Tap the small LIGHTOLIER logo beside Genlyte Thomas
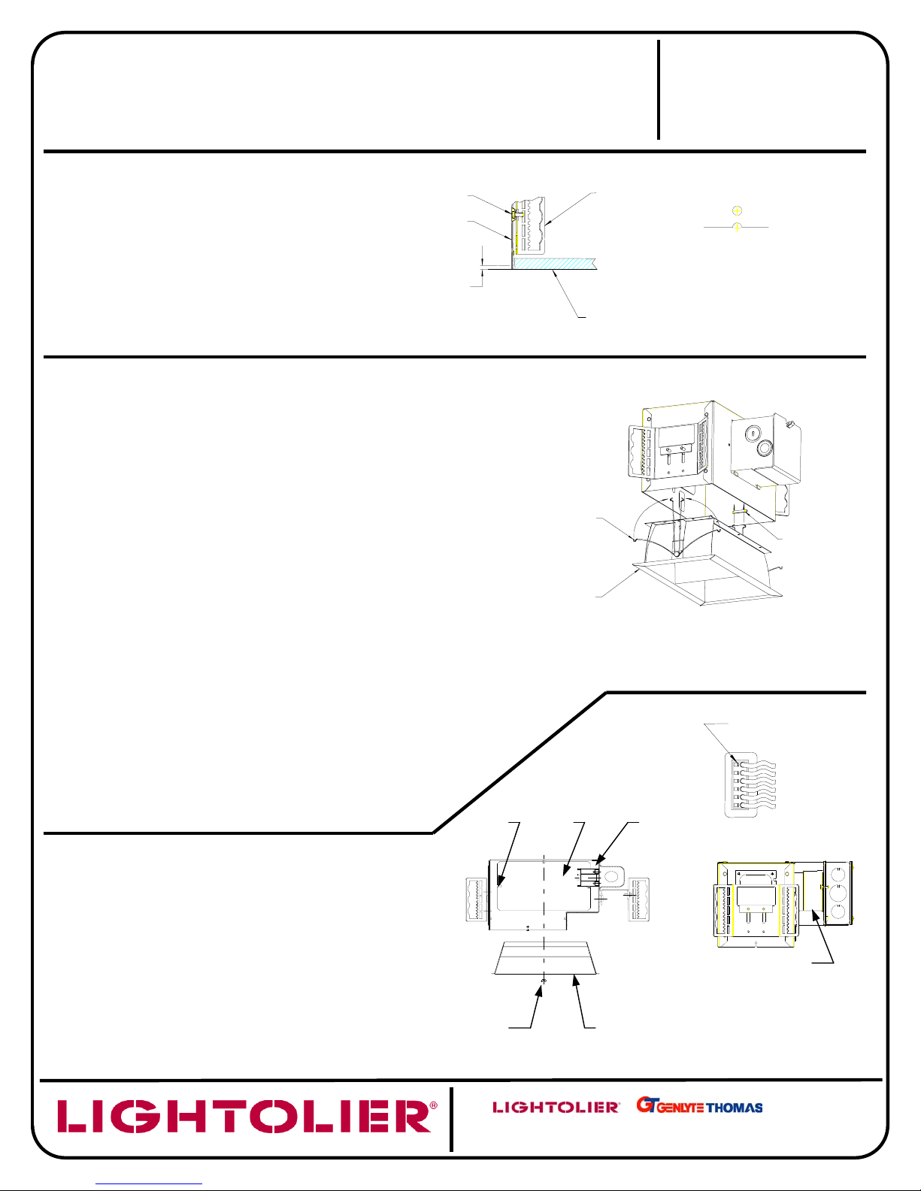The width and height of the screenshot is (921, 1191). pos(556,1107)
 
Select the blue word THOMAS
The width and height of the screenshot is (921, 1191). pos(735,1108)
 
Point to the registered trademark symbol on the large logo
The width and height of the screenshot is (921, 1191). pos(434,1106)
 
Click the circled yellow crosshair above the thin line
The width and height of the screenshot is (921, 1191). pos(738,210)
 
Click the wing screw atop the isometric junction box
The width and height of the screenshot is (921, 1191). pos(790,424)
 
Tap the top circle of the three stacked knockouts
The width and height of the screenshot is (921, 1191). pos(838,875)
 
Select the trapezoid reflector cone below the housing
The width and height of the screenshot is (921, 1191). pos(545,958)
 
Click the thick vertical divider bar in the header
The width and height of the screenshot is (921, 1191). pos(659,89)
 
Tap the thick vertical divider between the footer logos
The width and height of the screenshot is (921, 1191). pos(451,1119)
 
